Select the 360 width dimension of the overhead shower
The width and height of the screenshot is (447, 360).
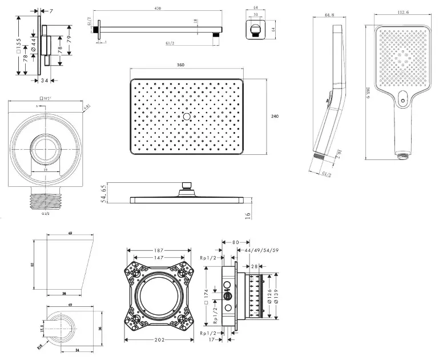tap(180, 66)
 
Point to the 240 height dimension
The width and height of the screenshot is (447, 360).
tap(275, 116)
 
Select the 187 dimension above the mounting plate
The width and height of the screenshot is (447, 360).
tap(158, 250)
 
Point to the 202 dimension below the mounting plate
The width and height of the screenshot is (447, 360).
tap(159, 341)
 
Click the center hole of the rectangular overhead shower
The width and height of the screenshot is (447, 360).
tap(187, 117)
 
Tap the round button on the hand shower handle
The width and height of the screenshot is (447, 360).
tap(404, 102)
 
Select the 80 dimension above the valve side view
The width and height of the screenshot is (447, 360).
tap(235, 242)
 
